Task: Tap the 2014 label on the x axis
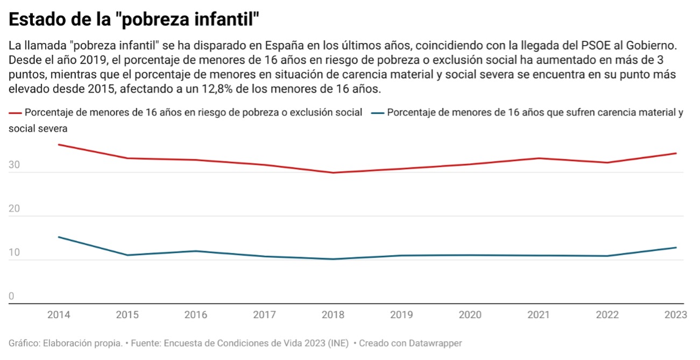tap(58, 315)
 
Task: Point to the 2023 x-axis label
tap(676, 315)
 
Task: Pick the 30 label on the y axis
tap(15, 166)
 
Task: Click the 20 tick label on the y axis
tap(15, 209)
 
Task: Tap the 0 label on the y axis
tap(11, 297)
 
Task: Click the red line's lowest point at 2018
tap(334, 173)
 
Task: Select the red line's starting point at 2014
tap(58, 144)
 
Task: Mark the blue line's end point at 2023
tap(676, 248)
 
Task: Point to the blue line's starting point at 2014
tap(58, 237)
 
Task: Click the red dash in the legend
tap(15, 114)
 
